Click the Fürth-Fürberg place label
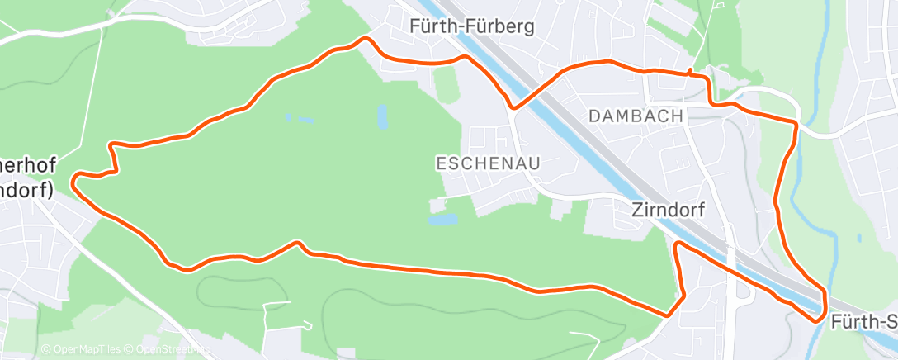coord(471,26)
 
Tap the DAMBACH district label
coord(636,116)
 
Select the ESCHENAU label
coord(488,163)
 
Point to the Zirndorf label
coord(669,211)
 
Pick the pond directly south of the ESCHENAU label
coord(443,220)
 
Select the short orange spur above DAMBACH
coord(690,71)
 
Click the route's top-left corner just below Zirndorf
coord(677,244)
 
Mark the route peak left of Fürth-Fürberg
coord(365,39)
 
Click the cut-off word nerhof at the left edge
coord(26,163)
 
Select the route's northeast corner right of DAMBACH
coord(795,124)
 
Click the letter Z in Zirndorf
coord(638,211)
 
